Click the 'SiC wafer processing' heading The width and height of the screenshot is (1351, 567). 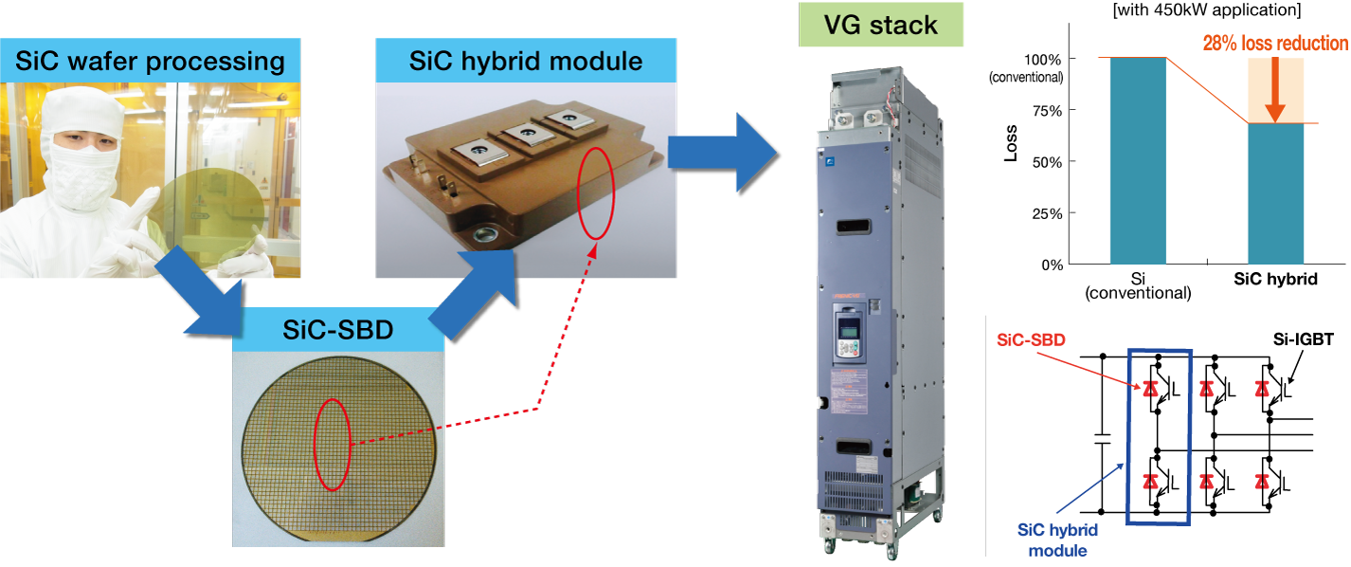[x=150, y=63]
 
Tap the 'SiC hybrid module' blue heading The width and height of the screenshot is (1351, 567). [x=526, y=62]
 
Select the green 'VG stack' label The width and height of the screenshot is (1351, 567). [x=881, y=25]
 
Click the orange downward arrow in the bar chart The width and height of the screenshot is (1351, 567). [x=1274, y=90]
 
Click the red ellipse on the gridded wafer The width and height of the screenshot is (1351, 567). [x=333, y=444]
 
